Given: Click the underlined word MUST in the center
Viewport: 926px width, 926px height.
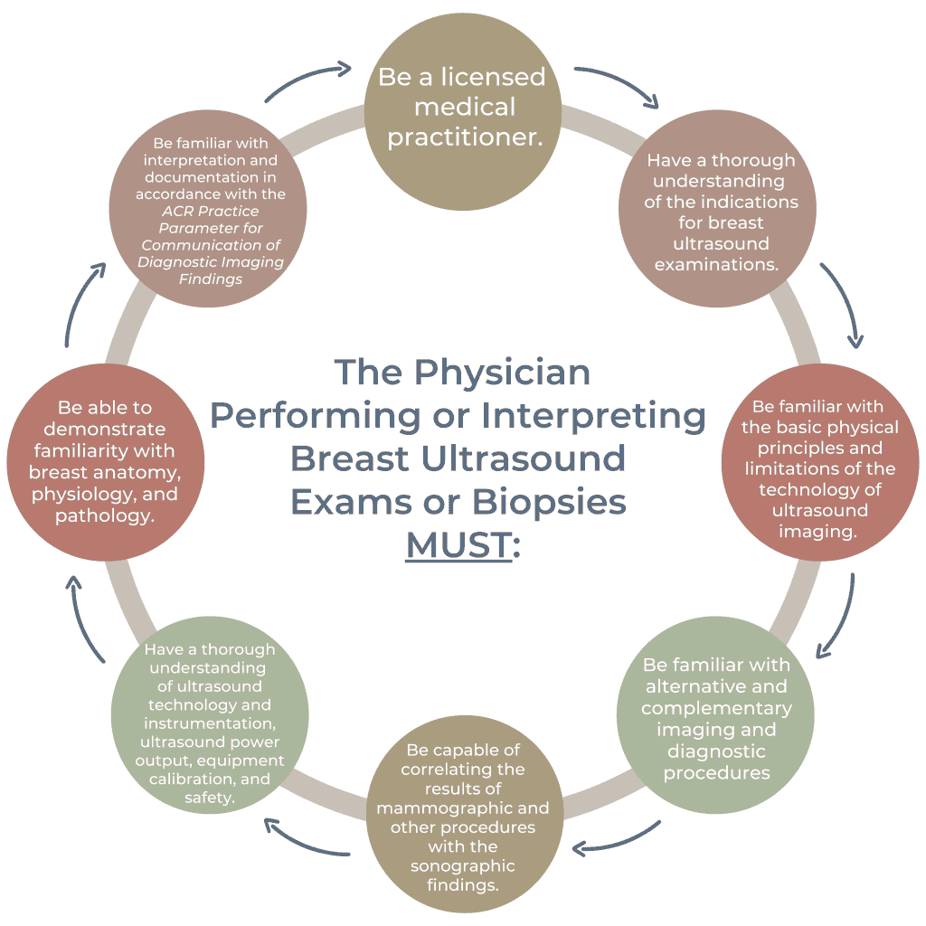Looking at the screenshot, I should [458, 546].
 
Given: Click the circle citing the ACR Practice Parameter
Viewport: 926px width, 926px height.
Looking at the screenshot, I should [210, 211].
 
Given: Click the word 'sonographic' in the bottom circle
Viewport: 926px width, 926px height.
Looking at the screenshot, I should [462, 865].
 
